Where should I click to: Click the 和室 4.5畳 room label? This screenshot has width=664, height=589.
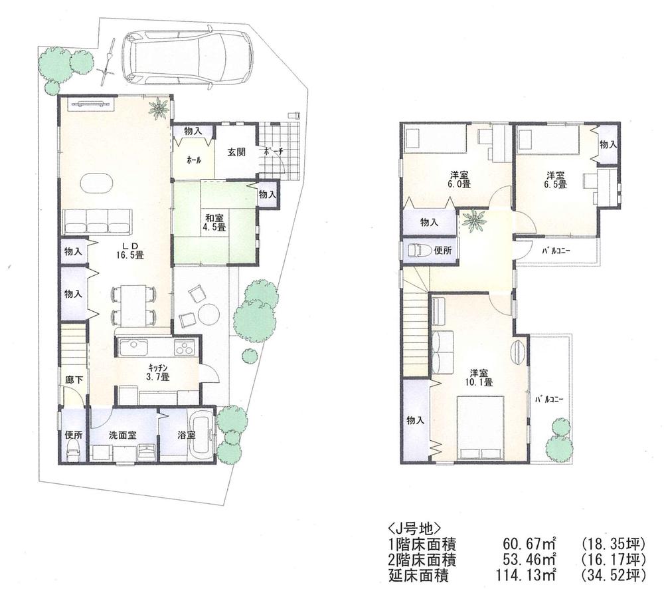[x=213, y=221]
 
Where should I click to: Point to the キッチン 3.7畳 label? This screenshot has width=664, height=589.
[x=157, y=372]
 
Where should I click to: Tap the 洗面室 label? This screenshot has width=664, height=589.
[x=123, y=435]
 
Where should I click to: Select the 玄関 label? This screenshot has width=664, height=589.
[x=238, y=152]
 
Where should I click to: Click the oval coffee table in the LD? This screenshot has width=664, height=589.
[x=96, y=182]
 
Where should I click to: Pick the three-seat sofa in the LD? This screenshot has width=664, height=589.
[x=97, y=219]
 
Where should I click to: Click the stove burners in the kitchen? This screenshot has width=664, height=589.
[x=183, y=348]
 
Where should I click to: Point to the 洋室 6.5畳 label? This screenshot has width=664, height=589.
[x=556, y=179]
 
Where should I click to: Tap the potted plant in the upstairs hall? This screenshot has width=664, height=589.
[x=474, y=221]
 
